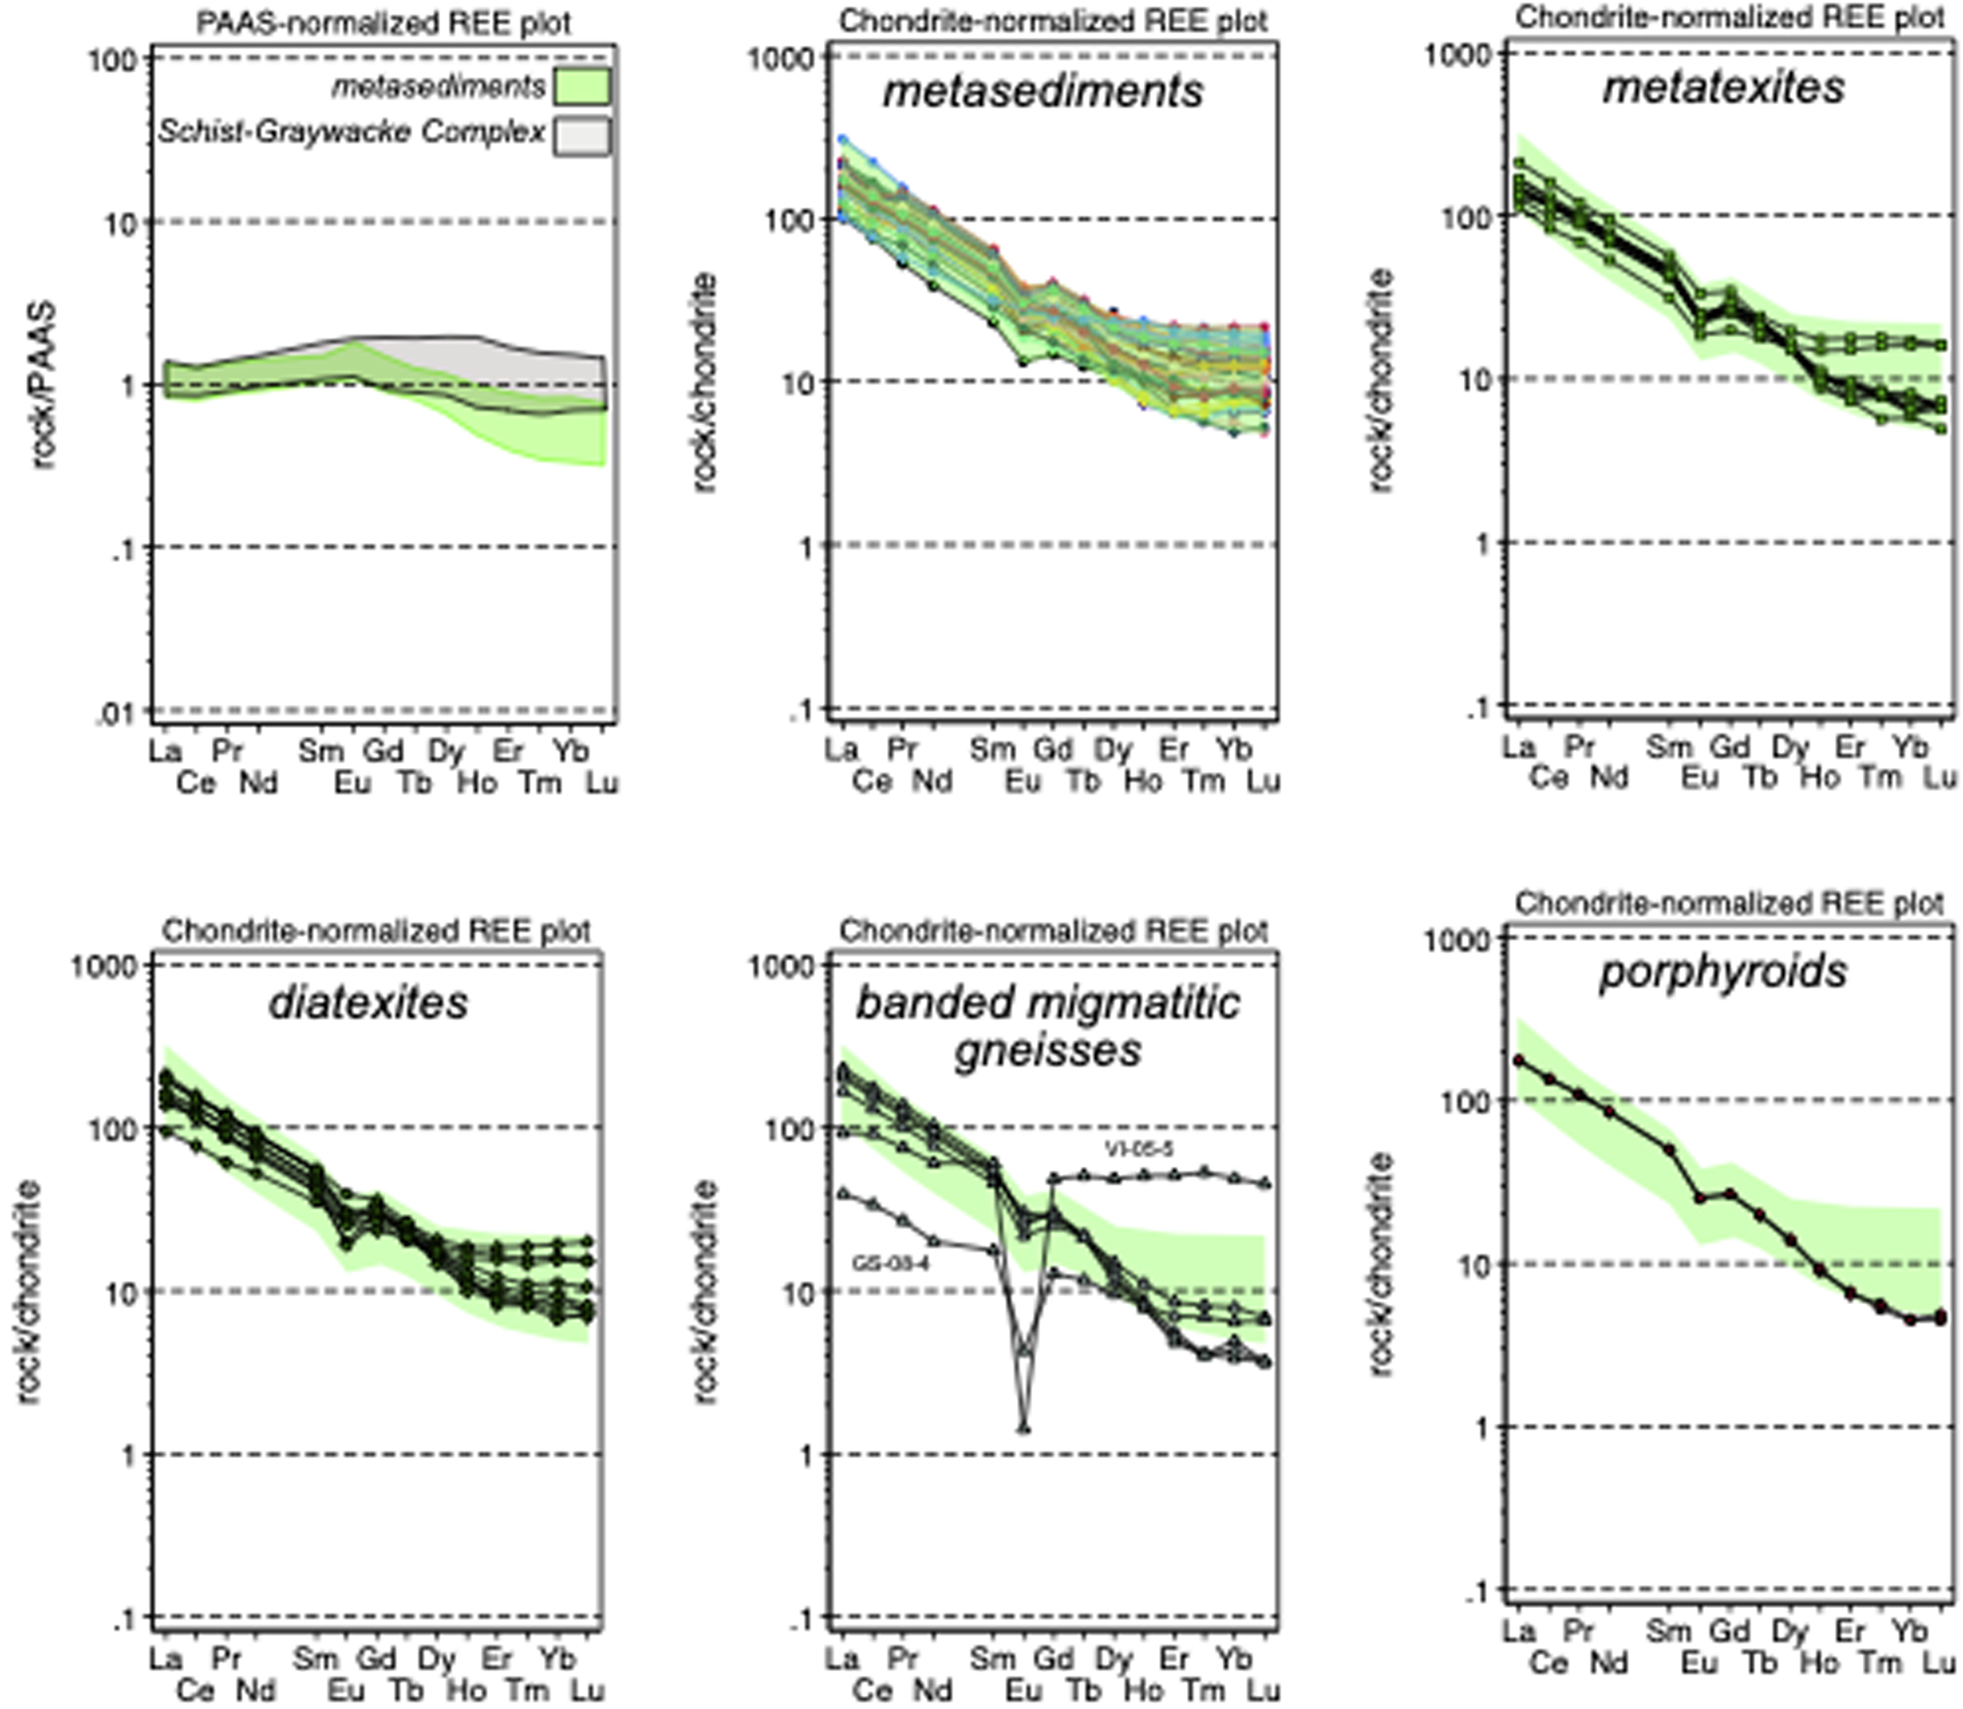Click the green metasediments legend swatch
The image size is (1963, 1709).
coord(581,86)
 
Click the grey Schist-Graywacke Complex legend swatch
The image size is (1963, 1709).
coord(581,135)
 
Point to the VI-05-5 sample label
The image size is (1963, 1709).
coord(1139,1149)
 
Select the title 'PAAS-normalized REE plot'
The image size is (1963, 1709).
coord(384,23)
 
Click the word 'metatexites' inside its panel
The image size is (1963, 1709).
coord(1723,88)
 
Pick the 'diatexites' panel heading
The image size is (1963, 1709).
coord(369,1004)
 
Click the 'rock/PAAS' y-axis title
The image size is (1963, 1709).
coord(43,387)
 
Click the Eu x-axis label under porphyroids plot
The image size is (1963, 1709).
coord(1698,1664)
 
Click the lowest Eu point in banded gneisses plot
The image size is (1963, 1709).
coord(1024,1429)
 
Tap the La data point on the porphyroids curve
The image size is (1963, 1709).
coord(1518,1060)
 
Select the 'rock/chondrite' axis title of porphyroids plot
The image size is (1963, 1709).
coord(1381,1266)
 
